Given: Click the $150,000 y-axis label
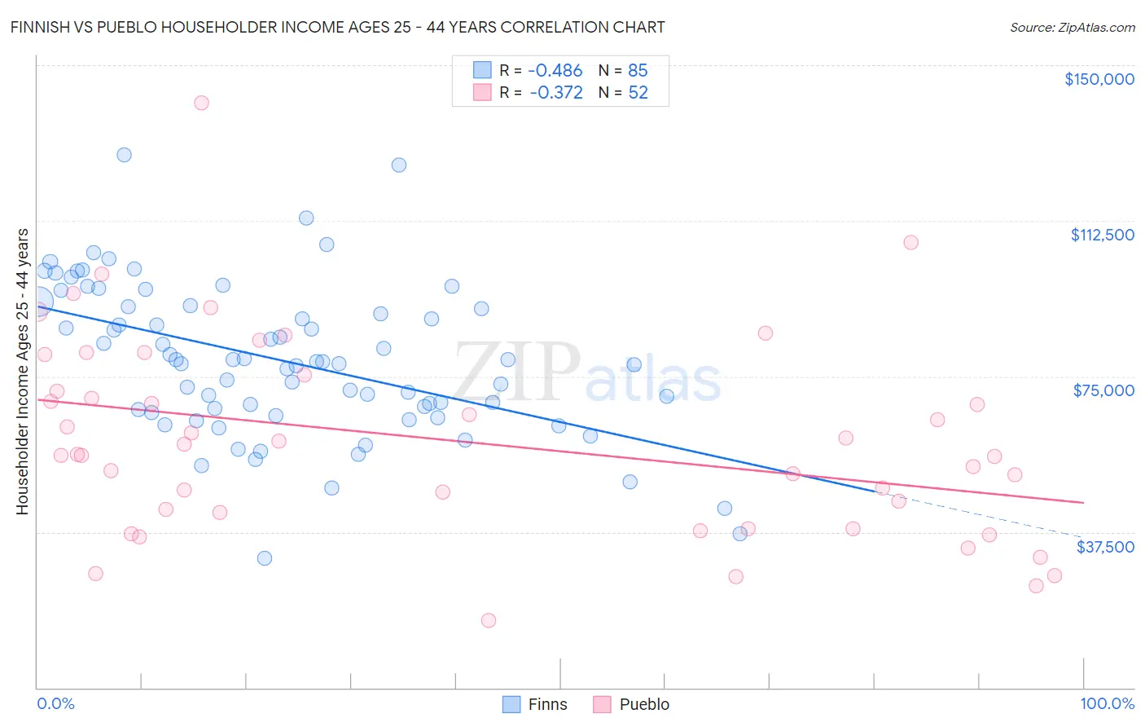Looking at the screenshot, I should [x=1099, y=79].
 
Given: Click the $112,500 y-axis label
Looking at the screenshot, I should [x=1102, y=235].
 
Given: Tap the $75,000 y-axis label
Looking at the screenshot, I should [x=1103, y=390].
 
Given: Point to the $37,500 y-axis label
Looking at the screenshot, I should [x=1104, y=547].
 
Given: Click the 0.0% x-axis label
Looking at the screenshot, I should [x=55, y=703].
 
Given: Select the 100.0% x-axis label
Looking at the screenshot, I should [x=1107, y=703].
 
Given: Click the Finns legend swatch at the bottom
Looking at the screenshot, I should [x=511, y=704].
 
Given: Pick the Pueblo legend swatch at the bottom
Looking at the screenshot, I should [x=602, y=704].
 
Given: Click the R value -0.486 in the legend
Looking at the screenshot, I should [x=555, y=71].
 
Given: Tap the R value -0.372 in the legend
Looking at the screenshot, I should [x=555, y=93].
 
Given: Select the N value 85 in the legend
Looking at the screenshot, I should [x=638, y=71].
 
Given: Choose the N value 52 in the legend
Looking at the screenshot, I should [x=638, y=93].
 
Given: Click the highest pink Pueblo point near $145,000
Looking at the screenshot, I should [x=201, y=103].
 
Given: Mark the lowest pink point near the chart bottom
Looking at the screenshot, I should [x=489, y=620].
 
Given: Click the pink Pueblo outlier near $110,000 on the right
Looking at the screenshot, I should [x=910, y=242].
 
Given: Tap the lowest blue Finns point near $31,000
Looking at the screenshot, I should [x=265, y=558].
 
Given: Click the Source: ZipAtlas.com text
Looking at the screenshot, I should [x=1072, y=27].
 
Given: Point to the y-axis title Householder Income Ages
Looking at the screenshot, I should [x=22, y=371].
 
